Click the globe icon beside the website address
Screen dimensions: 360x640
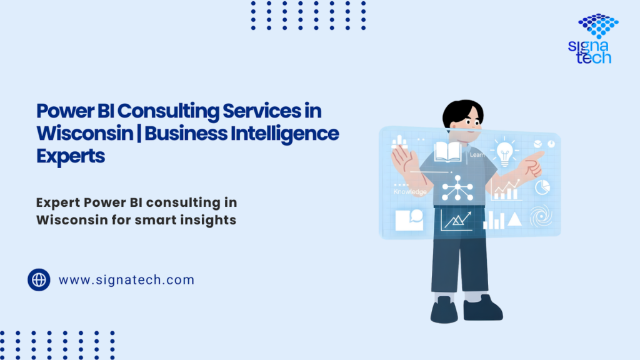(39, 279)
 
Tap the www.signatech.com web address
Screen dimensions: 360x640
(126, 280)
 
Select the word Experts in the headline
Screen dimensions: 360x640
(71, 156)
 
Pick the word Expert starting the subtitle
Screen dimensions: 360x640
(57, 203)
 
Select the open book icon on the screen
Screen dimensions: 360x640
(447, 151)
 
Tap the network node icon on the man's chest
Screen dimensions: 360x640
(457, 187)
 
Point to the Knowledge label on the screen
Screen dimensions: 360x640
(410, 192)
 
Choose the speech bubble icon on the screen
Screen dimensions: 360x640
(408, 219)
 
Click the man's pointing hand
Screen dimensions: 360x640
(531, 164)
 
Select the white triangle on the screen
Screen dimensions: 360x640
(514, 219)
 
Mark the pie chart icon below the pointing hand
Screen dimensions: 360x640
(543, 186)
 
